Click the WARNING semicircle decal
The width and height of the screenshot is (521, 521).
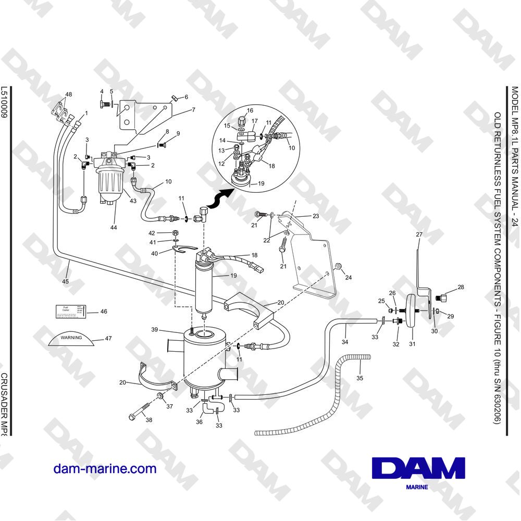[71, 339]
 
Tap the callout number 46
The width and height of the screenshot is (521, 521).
[104, 312]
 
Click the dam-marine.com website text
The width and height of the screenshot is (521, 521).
[105, 468]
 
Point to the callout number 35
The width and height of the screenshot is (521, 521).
[359, 378]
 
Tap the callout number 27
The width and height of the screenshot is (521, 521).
[418, 235]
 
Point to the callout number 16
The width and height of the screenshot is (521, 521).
[250, 110]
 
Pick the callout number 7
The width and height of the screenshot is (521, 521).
[193, 110]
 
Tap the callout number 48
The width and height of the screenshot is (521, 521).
[68, 95]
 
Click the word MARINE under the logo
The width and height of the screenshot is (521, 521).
[416, 487]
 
